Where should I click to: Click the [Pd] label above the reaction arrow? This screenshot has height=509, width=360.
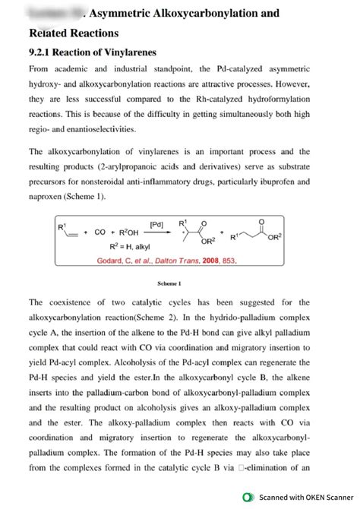(156, 225)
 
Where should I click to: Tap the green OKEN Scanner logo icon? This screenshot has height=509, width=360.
(247, 497)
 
